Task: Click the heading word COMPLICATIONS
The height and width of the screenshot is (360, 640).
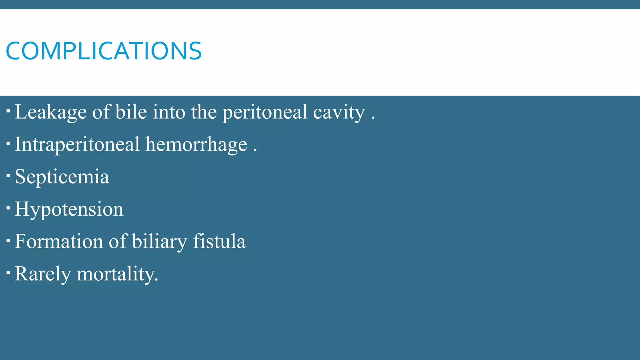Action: point(104,51)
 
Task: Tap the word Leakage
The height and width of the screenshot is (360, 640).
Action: point(51,112)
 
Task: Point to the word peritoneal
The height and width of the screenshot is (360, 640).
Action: point(265,112)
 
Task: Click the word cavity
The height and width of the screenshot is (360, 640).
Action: point(339,112)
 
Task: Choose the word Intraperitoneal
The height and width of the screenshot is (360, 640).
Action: point(77,145)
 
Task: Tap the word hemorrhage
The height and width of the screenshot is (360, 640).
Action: point(196,145)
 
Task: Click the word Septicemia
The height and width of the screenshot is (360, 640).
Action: point(62,177)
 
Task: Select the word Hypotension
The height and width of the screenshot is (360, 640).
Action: point(69,209)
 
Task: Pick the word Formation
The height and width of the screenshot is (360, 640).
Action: point(59,241)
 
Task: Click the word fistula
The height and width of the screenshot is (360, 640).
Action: point(219,241)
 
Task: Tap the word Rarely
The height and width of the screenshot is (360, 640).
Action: point(43,274)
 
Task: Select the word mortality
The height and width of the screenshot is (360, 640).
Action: point(117,274)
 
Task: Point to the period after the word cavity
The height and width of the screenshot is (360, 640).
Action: point(373,118)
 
